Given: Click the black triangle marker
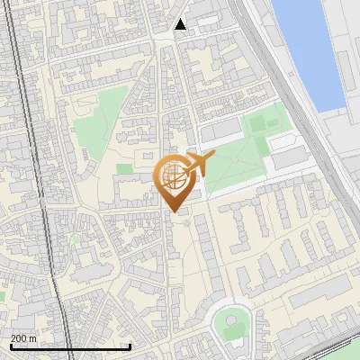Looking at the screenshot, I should pos(181,24).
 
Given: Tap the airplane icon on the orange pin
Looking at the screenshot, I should pos(199,164).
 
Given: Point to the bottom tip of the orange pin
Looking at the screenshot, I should pos(173,212).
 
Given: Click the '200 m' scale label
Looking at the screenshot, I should pos(23,337).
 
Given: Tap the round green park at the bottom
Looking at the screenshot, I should pos(231,322).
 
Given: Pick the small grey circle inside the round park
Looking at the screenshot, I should pos(231,319).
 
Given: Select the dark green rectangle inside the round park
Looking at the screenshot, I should pos(233,330).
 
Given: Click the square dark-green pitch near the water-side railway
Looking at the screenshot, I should pos(257,123).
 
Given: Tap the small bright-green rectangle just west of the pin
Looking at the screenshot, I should pos(124,168).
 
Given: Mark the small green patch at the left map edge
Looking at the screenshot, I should pos(3,294).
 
